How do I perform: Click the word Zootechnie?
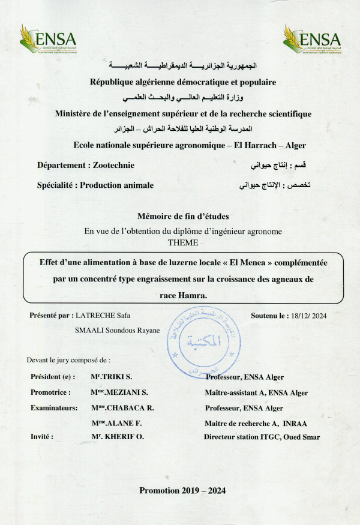click(114, 165)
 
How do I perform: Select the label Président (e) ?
click(53, 377)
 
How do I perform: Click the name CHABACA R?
click(125, 408)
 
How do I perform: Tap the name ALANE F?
click(118, 423)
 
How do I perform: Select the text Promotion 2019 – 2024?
click(182, 490)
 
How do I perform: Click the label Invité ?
click(42, 437)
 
